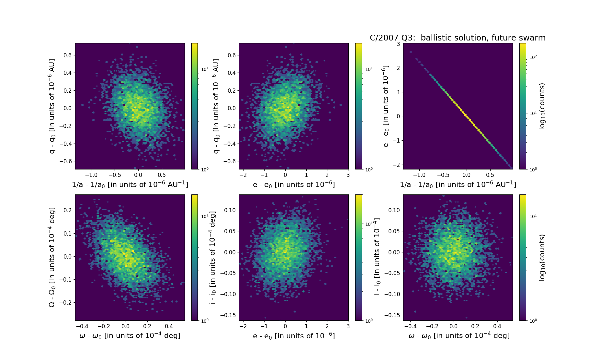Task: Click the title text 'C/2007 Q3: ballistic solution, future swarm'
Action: click(458, 38)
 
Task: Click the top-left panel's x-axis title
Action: click(130, 184)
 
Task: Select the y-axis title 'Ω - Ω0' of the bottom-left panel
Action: click(52, 257)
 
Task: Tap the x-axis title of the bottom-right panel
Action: click(459, 336)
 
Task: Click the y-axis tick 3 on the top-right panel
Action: click(398, 44)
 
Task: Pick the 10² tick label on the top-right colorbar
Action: click(533, 57)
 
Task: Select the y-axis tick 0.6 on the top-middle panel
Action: click(232, 55)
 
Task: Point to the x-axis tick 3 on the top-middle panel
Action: click(348, 175)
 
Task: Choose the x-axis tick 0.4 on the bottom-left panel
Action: click(169, 326)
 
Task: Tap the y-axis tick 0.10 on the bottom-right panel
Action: click(394, 210)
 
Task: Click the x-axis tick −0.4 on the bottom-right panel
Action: click(410, 326)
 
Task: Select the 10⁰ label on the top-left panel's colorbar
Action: click(205, 169)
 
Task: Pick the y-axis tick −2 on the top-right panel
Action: click(396, 165)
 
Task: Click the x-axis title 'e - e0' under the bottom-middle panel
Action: click(294, 336)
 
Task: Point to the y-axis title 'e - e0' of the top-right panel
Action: click(386, 106)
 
